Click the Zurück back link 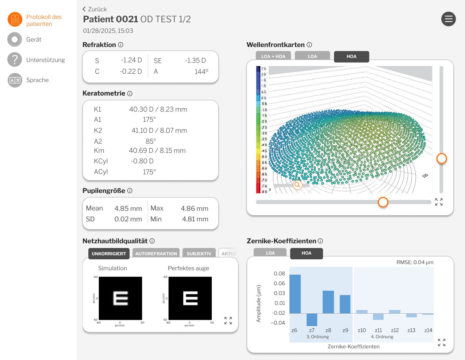pyautogui.click(x=95, y=9)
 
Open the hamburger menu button pyautogui.click(x=448, y=19)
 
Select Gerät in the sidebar pyautogui.click(x=34, y=39)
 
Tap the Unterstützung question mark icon pyautogui.click(x=15, y=59)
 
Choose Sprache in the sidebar pyautogui.click(x=37, y=80)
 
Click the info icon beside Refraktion pyautogui.click(x=120, y=44)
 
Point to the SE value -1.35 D pyautogui.click(x=195, y=61)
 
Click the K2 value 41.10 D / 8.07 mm pyautogui.click(x=159, y=130)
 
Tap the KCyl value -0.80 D pyautogui.click(x=142, y=161)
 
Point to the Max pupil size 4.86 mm pyautogui.click(x=194, y=208)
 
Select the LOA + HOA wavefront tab pyautogui.click(x=273, y=56)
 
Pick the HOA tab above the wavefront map pyautogui.click(x=351, y=56)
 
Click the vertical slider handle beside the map pyautogui.click(x=442, y=159)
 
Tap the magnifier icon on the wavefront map pyautogui.click(x=297, y=185)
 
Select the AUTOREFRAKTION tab pyautogui.click(x=156, y=253)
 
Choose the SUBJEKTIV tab pyautogui.click(x=199, y=253)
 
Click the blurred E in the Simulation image pyautogui.click(x=120, y=298)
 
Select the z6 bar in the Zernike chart pyautogui.click(x=295, y=294)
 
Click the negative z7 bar pyautogui.click(x=312, y=320)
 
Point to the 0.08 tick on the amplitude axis pyautogui.click(x=279, y=274)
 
